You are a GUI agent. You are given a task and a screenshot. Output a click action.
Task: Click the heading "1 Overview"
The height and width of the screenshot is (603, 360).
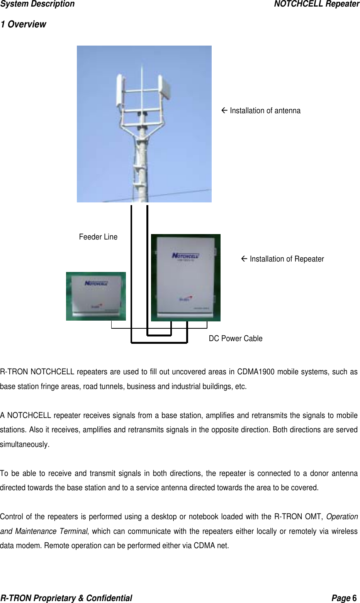point(23,24)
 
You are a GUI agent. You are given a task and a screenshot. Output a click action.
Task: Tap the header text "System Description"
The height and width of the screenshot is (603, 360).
point(37,4)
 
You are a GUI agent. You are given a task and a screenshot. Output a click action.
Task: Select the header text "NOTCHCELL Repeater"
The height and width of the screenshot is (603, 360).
point(316,4)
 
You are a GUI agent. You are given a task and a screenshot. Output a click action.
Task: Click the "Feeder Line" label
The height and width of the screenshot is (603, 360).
point(98,237)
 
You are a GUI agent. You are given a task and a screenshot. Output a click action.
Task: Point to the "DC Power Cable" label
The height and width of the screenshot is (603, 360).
point(236,338)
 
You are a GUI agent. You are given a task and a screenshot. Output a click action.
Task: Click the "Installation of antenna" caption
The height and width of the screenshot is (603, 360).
point(265,110)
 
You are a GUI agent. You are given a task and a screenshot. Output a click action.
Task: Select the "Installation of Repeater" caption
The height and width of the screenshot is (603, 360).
point(287,259)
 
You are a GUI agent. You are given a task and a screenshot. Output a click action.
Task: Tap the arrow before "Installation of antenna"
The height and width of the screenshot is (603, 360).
point(225,110)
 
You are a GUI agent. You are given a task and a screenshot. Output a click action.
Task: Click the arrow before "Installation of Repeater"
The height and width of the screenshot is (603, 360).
point(245,259)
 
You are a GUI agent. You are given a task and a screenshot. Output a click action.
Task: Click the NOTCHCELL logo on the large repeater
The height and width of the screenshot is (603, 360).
point(185,255)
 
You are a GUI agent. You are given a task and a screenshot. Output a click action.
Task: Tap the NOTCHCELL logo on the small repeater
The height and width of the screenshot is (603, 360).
point(96,283)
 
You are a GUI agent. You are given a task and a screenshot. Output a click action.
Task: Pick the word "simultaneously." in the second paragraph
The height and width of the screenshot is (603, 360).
point(25,444)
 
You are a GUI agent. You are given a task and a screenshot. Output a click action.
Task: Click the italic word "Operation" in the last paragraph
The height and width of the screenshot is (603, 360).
point(342,516)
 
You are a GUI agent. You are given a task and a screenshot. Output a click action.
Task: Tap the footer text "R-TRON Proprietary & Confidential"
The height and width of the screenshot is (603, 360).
point(66,598)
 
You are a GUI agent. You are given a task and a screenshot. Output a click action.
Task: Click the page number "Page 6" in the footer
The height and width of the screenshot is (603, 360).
point(345,598)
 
